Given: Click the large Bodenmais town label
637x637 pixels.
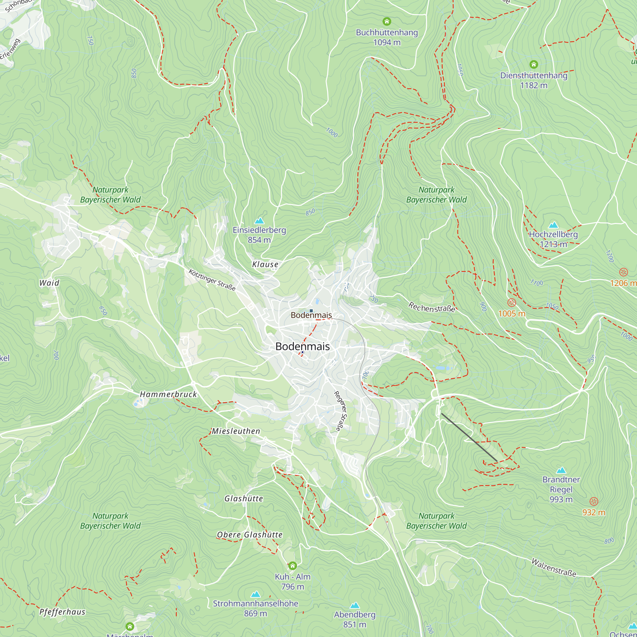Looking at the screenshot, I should (x=302, y=346).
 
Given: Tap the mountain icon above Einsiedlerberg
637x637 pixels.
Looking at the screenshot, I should (x=259, y=221).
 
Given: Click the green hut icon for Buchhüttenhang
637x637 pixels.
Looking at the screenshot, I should (x=387, y=21).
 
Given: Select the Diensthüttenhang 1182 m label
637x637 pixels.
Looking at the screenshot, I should (x=533, y=80).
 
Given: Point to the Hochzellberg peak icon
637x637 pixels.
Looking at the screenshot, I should (x=553, y=225).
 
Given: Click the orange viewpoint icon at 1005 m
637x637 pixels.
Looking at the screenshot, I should (x=512, y=302).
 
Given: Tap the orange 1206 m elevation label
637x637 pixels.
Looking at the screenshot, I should (x=622, y=283).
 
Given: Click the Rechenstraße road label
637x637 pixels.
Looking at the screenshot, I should (x=432, y=307).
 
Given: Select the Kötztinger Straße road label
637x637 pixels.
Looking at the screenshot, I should (x=212, y=280).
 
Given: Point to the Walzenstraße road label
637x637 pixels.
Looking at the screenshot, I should (x=554, y=567).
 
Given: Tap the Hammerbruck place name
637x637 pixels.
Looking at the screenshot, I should (x=168, y=394).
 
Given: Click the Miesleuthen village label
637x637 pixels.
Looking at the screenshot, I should (x=236, y=431).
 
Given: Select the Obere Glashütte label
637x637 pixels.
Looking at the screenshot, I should (x=250, y=535).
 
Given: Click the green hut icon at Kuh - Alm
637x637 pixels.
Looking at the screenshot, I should (x=292, y=566).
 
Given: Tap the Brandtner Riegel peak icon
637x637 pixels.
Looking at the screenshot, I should (x=561, y=470).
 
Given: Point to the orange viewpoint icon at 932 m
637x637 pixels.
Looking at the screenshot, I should (x=593, y=502).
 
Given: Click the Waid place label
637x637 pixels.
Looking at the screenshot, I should (x=49, y=283).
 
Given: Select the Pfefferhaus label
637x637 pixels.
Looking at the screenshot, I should (x=62, y=612).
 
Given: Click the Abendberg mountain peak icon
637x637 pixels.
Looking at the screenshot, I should (x=354, y=605).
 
